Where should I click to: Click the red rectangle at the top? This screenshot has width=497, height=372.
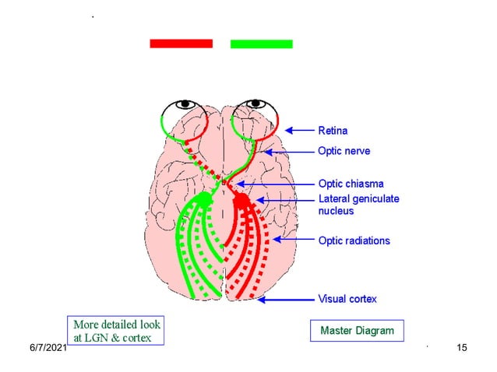click(x=181, y=44)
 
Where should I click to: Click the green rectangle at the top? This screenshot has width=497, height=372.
click(x=261, y=44)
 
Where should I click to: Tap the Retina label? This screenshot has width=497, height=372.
click(x=333, y=130)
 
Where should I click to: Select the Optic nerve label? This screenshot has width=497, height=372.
click(x=344, y=151)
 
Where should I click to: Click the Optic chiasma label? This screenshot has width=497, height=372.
click(x=351, y=184)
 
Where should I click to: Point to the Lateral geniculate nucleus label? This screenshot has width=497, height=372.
click(x=358, y=205)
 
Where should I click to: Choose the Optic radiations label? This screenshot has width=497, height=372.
click(x=354, y=240)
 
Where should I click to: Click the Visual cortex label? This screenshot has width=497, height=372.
click(x=347, y=299)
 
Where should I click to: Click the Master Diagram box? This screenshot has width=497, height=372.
click(x=357, y=331)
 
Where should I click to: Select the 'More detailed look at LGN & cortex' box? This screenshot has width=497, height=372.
click(x=118, y=330)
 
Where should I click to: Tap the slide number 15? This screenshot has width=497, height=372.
click(x=462, y=347)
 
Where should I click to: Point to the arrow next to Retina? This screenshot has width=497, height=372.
click(x=299, y=130)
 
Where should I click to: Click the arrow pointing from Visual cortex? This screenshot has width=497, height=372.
click(x=285, y=299)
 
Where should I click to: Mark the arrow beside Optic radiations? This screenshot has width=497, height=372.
click(x=293, y=240)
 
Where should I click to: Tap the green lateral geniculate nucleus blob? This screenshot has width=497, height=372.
click(x=204, y=199)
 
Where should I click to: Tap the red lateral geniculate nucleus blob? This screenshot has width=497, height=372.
click(x=241, y=200)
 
